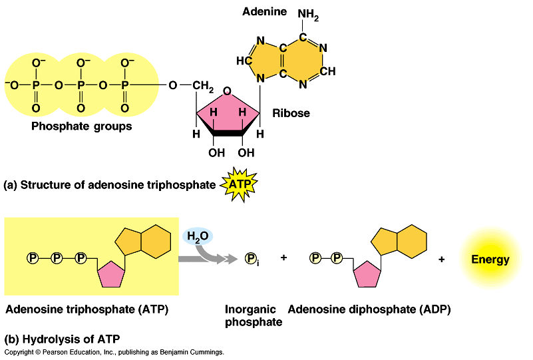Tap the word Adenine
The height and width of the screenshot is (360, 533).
point(264,11)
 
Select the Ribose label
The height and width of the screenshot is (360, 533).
point(291,113)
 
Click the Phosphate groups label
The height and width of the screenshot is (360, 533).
point(82,126)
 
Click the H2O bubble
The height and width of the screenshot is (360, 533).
point(197,236)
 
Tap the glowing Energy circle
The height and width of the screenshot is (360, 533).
point(490,259)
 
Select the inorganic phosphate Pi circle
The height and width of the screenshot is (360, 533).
point(252,258)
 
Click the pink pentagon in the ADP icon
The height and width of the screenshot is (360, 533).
point(366,273)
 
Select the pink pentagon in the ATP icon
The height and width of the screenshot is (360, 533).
point(110,273)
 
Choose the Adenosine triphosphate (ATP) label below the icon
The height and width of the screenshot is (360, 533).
point(87,309)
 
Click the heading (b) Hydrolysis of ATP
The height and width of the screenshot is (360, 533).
point(62,338)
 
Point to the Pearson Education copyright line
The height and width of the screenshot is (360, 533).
point(114,352)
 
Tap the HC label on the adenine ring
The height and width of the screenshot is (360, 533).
point(244,61)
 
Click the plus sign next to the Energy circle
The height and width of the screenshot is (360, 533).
point(441,259)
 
